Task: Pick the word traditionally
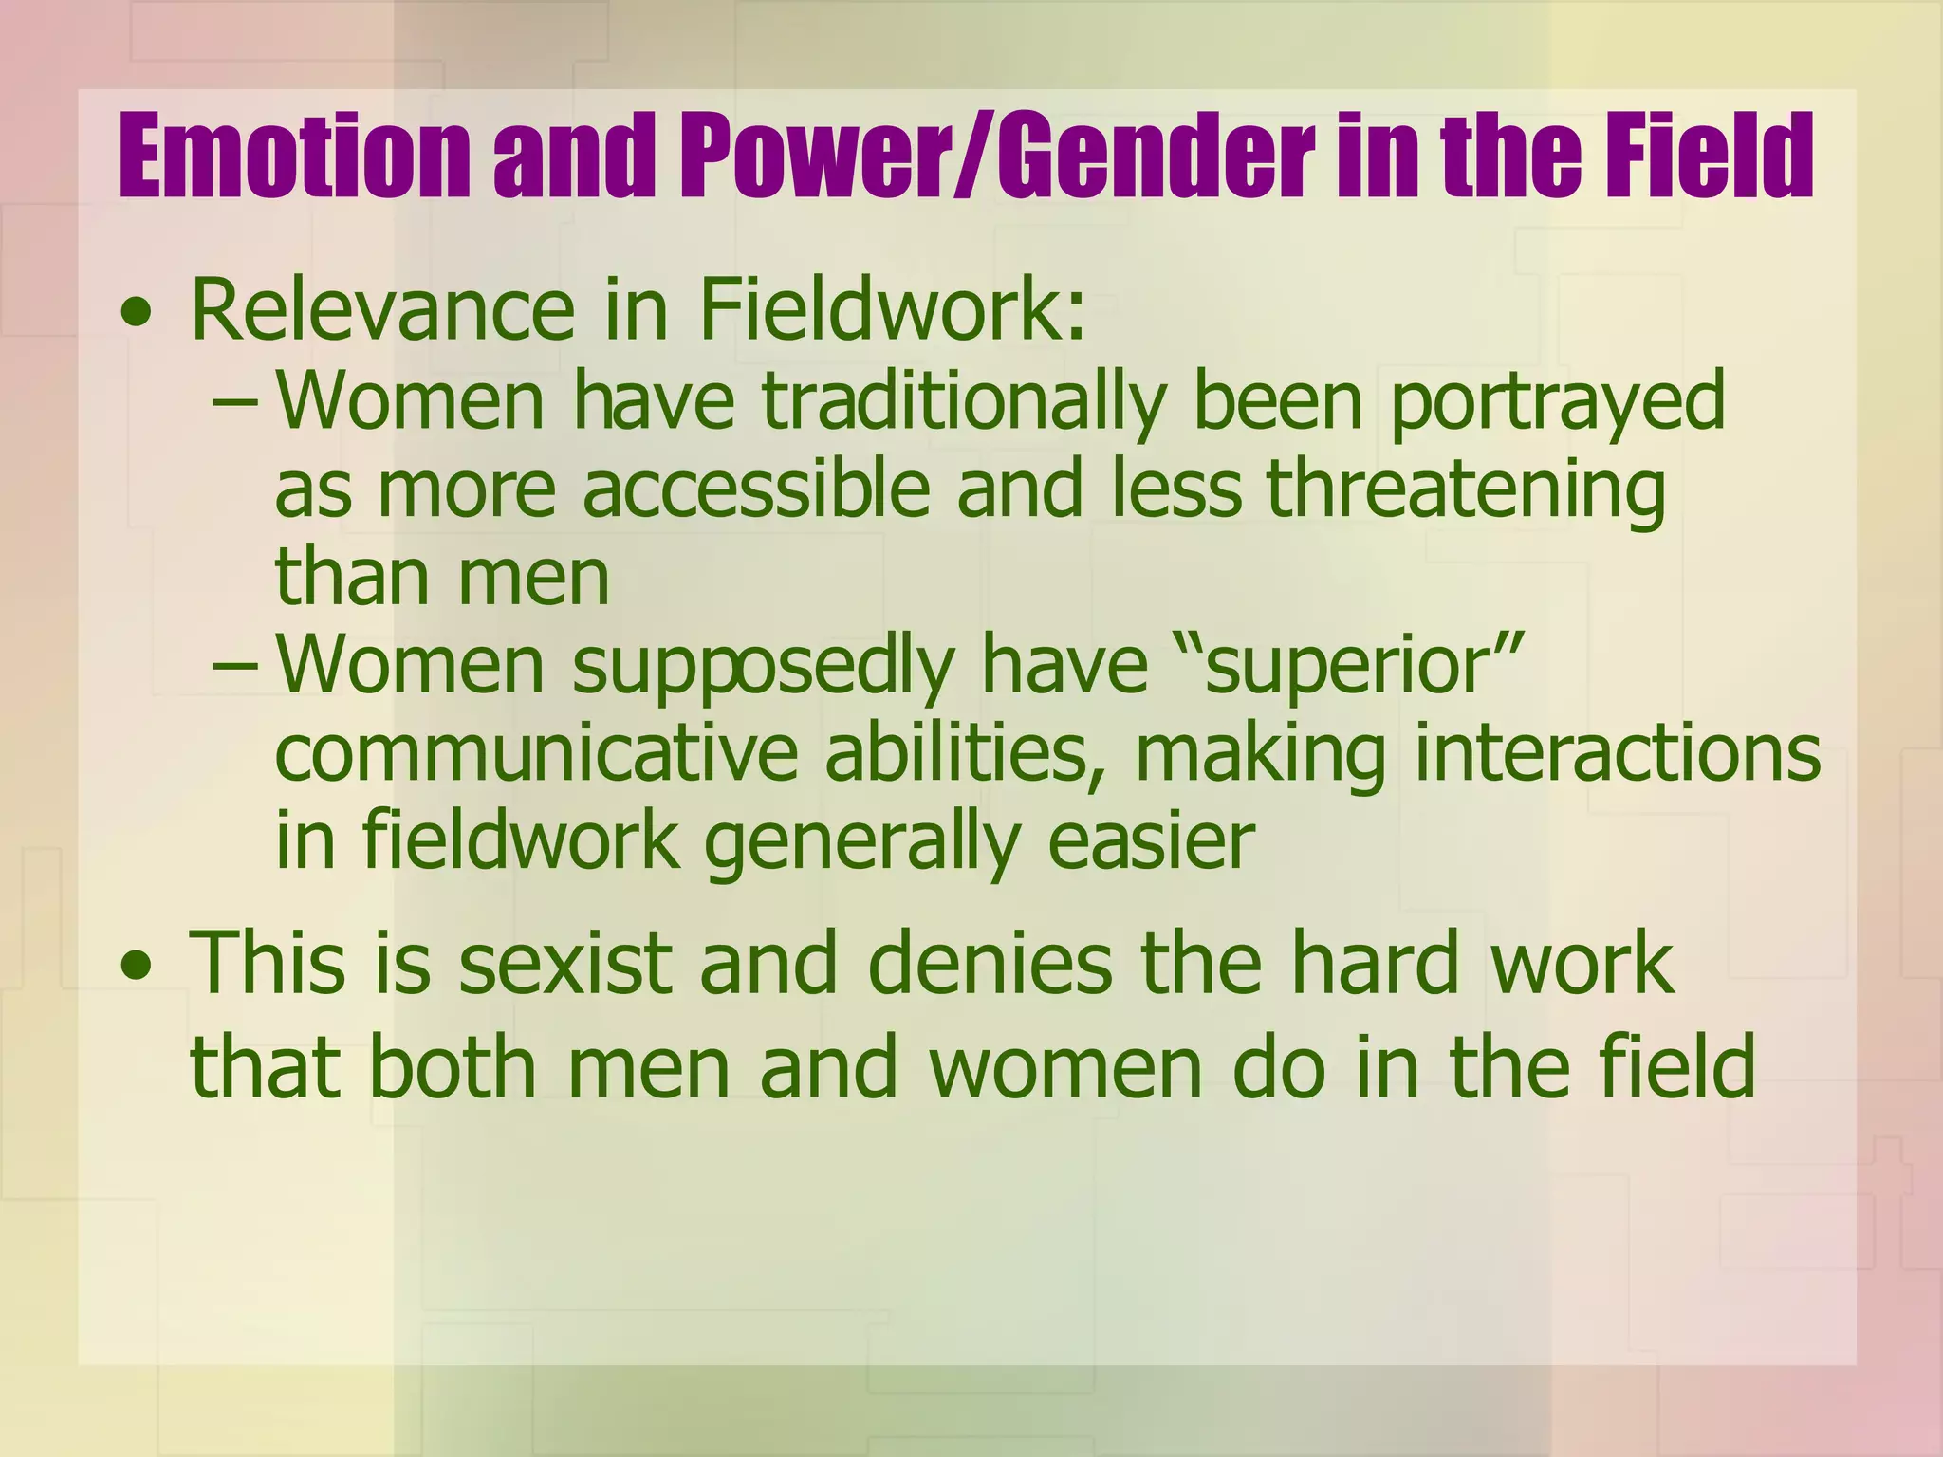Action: tap(964, 402)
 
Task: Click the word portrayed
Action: tap(1557, 402)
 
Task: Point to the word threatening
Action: tap(1466, 490)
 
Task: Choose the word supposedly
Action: tap(763, 667)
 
